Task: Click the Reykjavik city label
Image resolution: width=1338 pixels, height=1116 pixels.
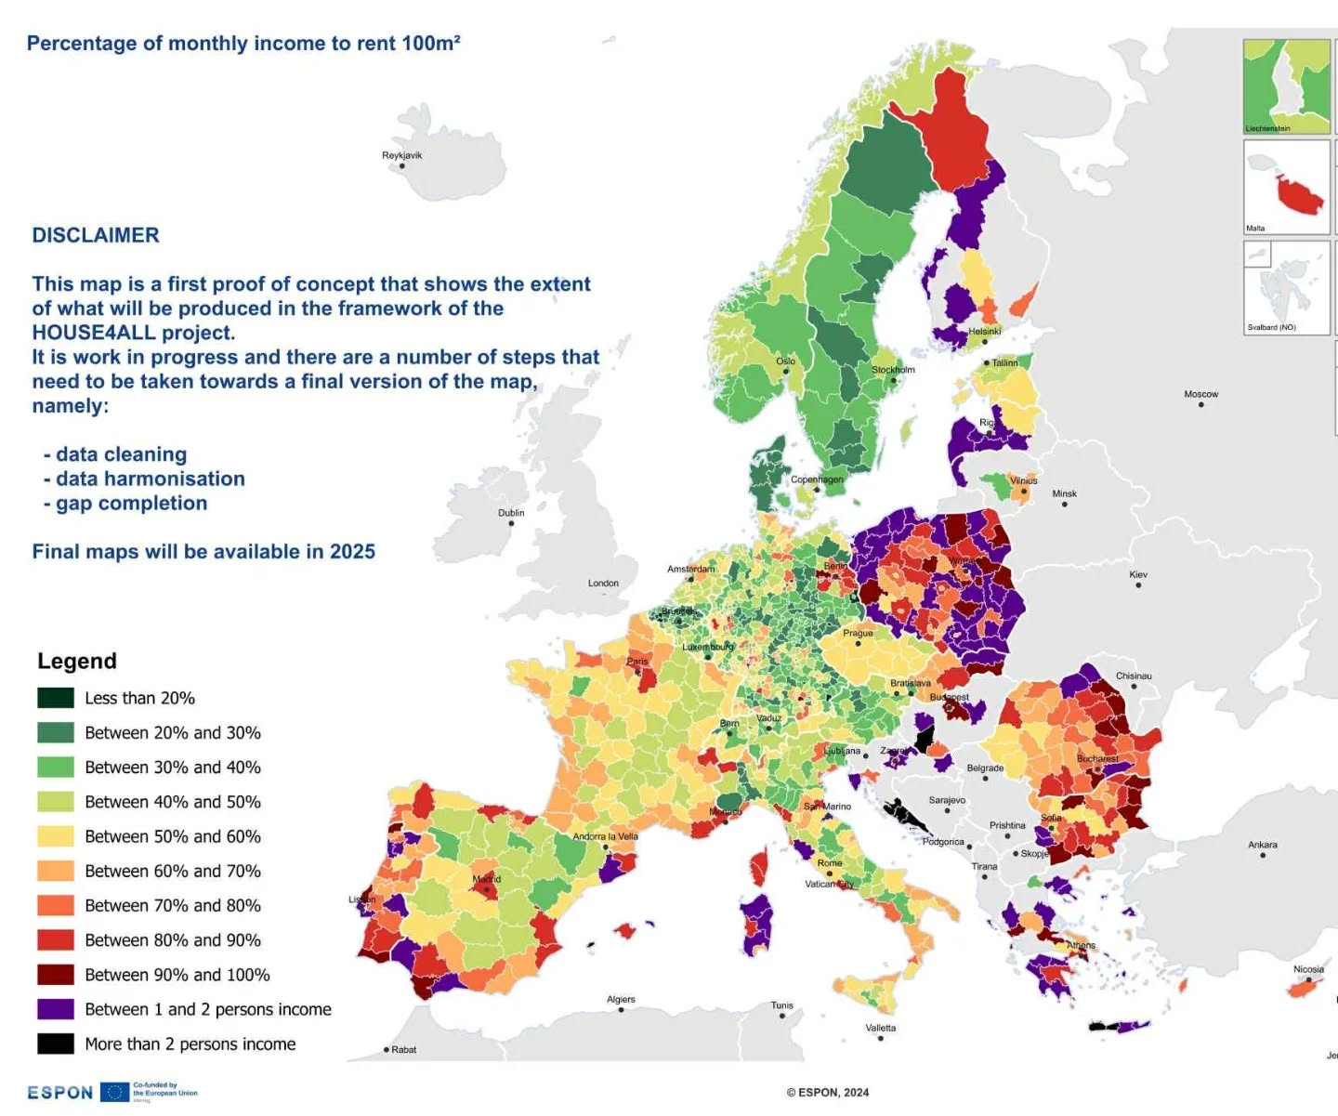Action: click(401, 155)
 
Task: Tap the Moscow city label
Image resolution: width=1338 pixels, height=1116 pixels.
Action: click(1200, 394)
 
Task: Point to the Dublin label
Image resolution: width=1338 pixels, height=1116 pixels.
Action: click(511, 513)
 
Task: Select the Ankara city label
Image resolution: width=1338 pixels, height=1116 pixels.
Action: click(1262, 845)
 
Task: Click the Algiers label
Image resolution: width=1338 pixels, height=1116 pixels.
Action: click(621, 1000)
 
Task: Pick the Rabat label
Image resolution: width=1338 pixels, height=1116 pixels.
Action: click(403, 1049)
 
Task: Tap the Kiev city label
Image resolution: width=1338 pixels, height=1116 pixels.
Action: click(1138, 574)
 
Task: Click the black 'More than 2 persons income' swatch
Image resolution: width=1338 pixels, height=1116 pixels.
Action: click(56, 1044)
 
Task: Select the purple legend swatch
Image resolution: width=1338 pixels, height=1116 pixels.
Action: click(56, 1009)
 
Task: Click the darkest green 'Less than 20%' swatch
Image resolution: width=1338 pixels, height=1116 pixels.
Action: click(56, 698)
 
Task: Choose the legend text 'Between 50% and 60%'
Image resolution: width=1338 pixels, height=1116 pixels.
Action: click(173, 836)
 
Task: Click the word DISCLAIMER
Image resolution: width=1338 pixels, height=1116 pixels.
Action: click(96, 235)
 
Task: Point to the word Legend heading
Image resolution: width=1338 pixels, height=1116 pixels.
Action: click(77, 661)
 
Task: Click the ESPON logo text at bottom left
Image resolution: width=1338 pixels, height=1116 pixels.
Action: click(60, 1093)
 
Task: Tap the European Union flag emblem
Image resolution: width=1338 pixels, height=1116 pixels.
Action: click(115, 1092)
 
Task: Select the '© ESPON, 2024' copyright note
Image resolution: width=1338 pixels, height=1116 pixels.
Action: click(828, 1093)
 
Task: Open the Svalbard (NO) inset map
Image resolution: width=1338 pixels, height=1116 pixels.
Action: click(1287, 287)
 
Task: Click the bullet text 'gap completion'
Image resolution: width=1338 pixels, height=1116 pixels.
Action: click(131, 503)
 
